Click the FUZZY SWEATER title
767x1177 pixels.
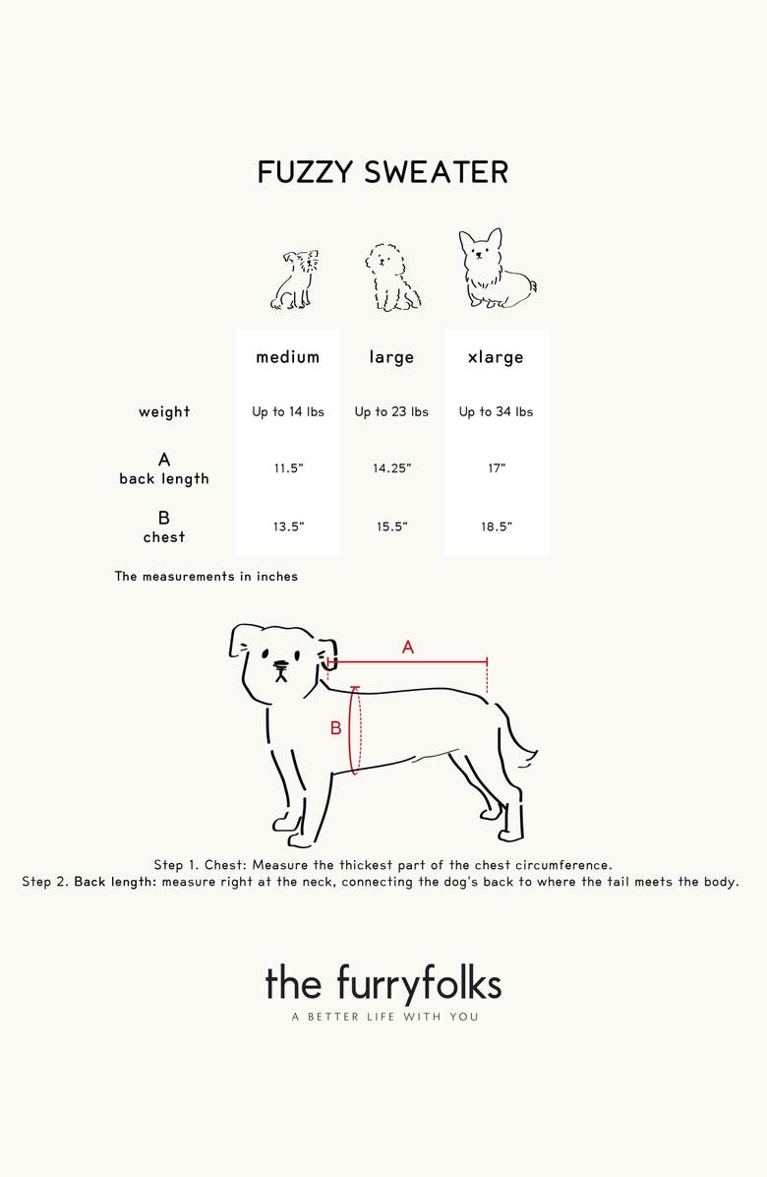click(x=383, y=172)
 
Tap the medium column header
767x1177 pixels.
click(x=288, y=356)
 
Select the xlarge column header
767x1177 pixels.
click(x=496, y=357)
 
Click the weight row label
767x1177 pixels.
click(x=164, y=411)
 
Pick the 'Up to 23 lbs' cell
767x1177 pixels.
click(x=391, y=411)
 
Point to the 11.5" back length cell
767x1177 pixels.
click(x=288, y=468)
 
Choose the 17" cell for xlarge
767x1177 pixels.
click(x=497, y=468)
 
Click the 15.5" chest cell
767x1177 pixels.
click(x=392, y=527)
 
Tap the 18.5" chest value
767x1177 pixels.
click(x=497, y=527)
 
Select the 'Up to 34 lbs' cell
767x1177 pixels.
click(x=496, y=411)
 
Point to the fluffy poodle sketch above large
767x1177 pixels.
click(x=392, y=277)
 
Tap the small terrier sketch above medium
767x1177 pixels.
click(x=295, y=280)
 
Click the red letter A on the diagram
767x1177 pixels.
click(x=408, y=647)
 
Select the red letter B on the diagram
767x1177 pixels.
click(x=336, y=728)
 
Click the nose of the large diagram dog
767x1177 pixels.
click(x=279, y=664)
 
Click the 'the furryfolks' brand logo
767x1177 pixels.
click(x=383, y=984)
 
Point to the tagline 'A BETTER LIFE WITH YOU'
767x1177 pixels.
click(x=384, y=1018)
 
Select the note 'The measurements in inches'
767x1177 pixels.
click(x=206, y=577)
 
